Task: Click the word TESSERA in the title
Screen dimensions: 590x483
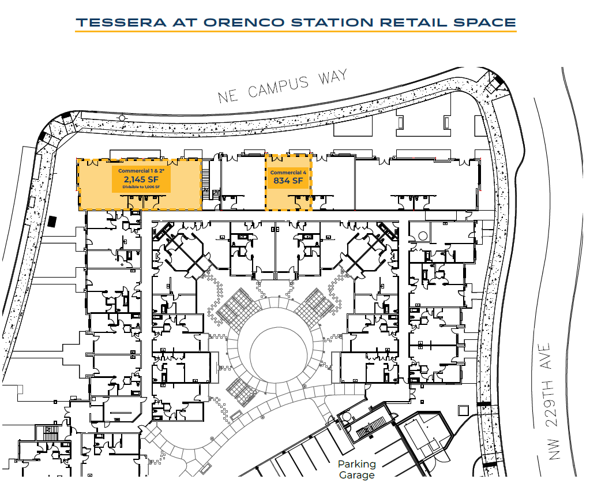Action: click(x=121, y=22)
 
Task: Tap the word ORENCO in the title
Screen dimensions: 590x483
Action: click(x=244, y=22)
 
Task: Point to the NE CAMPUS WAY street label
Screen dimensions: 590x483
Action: click(x=282, y=86)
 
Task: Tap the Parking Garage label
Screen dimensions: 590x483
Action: click(x=356, y=470)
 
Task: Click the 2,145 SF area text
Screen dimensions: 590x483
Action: click(x=141, y=179)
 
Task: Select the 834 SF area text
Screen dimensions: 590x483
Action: click(x=288, y=181)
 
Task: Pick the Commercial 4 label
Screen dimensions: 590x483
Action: click(x=288, y=173)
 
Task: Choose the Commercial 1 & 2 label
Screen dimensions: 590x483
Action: click(x=141, y=171)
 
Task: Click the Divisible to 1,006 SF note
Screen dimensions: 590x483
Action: click(x=141, y=187)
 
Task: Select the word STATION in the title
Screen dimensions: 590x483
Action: click(x=332, y=22)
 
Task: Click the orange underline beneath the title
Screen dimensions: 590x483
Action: click(x=296, y=31)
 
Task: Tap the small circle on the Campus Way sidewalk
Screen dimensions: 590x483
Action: click(x=122, y=118)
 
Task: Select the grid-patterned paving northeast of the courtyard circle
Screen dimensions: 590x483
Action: click(x=314, y=306)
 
